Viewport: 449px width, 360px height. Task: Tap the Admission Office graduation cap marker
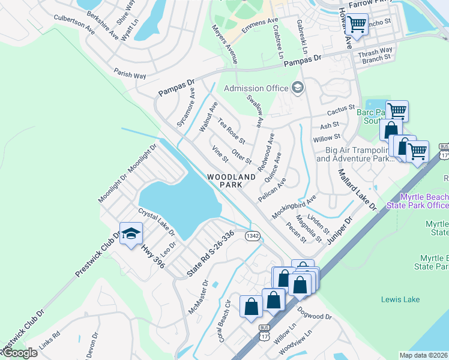tap(297, 88)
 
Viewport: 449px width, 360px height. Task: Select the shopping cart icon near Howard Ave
tap(357, 25)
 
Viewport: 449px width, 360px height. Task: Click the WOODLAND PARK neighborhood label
tap(225, 181)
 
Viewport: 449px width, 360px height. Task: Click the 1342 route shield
tap(252, 236)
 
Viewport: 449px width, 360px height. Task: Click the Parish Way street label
tap(130, 74)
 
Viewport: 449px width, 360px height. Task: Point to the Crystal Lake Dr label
tap(156, 221)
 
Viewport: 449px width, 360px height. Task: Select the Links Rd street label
tap(49, 343)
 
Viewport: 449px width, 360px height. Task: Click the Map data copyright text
tap(423, 355)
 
